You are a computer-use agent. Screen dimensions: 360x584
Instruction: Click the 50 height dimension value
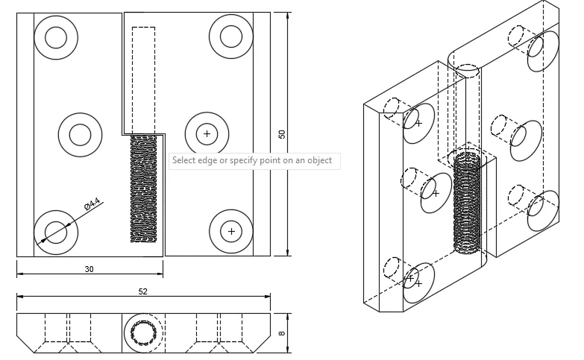[281, 134]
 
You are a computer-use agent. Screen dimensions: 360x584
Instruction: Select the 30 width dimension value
[89, 269]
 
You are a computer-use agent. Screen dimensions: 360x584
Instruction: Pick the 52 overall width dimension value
[143, 291]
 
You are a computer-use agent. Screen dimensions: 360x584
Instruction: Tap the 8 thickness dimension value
[281, 334]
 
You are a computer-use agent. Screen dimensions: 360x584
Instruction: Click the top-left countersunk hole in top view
[57, 36]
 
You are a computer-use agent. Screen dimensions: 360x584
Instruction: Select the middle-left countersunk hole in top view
[79, 135]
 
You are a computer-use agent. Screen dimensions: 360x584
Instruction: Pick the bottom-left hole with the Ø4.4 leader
[57, 231]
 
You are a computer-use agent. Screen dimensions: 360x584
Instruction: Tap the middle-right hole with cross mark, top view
[207, 134]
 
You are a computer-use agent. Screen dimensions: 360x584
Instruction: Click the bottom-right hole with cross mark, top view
[231, 231]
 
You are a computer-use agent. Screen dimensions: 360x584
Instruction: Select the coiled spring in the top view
[145, 189]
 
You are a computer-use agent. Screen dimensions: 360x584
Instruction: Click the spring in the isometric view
[468, 202]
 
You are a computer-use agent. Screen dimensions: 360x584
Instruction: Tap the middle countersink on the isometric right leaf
[526, 140]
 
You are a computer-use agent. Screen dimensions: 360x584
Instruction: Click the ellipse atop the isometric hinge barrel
[467, 70]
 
